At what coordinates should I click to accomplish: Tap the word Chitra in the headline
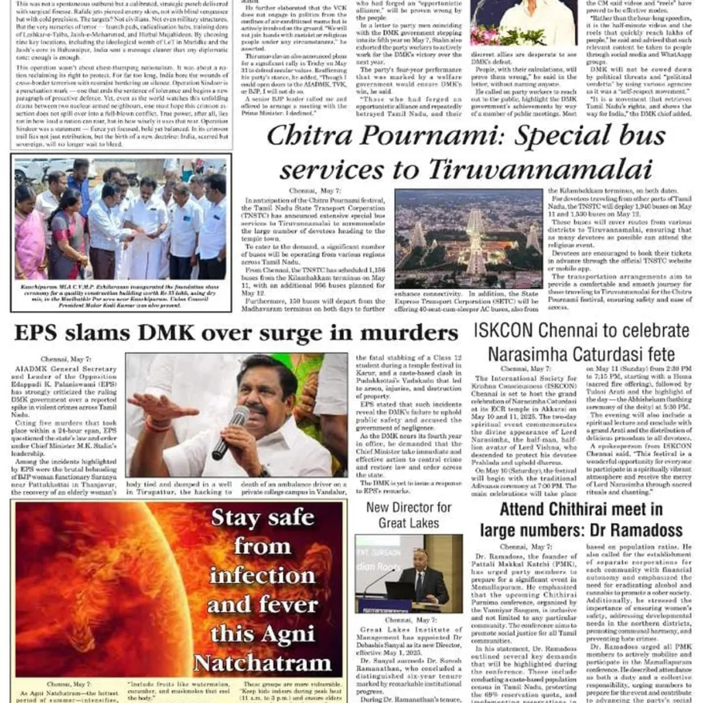(306, 135)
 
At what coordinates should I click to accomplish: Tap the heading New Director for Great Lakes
(408, 515)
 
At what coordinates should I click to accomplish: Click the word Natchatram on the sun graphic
(262, 663)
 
